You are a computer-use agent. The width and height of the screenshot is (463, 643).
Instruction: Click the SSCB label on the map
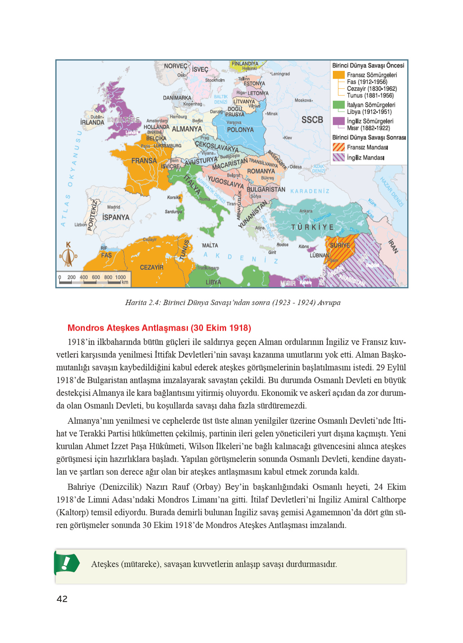[312, 120]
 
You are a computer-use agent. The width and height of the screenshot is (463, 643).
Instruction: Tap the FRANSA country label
[144, 161]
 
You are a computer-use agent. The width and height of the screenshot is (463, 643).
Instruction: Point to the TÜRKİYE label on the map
[313, 227]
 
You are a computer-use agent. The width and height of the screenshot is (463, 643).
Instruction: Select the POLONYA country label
[240, 130]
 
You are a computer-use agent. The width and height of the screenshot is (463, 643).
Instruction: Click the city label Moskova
[303, 100]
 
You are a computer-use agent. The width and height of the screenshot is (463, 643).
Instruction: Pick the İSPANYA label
[116, 217]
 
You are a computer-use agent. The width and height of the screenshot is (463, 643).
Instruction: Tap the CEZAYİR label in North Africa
[151, 267]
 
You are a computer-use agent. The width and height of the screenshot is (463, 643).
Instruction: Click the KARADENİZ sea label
[310, 191]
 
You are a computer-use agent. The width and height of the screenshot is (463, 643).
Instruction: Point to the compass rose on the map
[68, 255]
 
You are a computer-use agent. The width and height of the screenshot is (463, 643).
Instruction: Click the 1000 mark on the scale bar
[120, 277]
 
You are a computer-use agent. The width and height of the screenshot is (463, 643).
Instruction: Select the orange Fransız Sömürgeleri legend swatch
[338, 75]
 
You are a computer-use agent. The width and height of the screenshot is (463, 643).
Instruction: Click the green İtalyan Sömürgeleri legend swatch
[338, 105]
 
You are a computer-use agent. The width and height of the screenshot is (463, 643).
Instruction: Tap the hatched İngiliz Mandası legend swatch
[338, 158]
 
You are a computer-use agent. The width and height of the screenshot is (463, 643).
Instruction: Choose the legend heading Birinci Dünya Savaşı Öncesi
[368, 65]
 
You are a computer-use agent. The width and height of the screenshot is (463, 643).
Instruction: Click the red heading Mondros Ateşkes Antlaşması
[159, 328]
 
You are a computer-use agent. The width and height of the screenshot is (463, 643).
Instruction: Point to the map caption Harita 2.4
[232, 302]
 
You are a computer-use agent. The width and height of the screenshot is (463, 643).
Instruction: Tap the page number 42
[62, 599]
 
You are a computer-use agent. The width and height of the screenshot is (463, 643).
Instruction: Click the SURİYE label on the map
[340, 245]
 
